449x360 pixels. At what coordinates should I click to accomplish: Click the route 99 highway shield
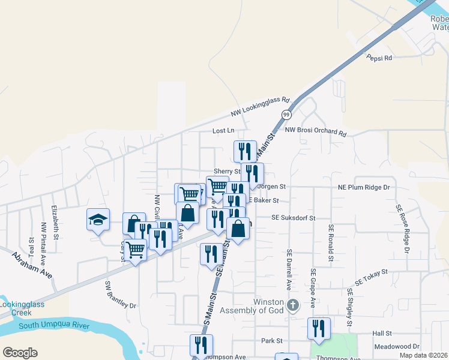[x=286, y=115]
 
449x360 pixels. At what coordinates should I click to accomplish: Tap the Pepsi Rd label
[x=379, y=58]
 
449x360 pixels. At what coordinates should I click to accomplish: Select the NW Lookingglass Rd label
[x=261, y=107]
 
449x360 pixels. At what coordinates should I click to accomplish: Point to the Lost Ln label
[x=223, y=131]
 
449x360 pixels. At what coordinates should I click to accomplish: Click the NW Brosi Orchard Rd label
[x=316, y=131]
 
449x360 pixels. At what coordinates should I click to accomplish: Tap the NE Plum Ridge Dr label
[x=364, y=188]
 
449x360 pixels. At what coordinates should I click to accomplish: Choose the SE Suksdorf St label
[x=293, y=218]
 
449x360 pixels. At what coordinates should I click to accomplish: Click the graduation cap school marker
[x=98, y=220]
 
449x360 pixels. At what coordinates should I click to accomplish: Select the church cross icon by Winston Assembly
[x=292, y=305]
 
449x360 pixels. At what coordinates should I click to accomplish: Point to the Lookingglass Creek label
[x=22, y=308]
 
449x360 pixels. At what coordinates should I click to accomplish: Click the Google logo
[x=20, y=352]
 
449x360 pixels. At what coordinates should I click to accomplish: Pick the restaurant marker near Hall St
[x=319, y=328]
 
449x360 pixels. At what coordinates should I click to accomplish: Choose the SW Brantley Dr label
[x=121, y=295]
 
